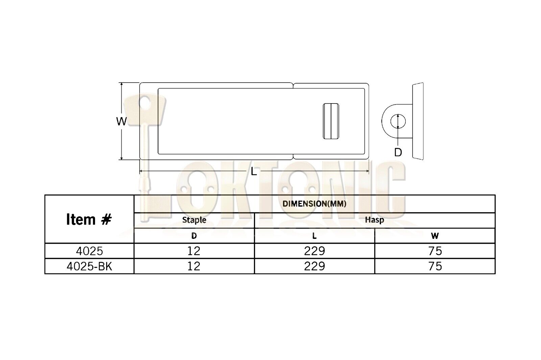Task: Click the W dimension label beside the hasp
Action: (x=121, y=121)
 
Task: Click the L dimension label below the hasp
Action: (x=254, y=172)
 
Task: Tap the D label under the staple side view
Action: (x=398, y=152)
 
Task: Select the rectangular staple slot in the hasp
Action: (x=331, y=121)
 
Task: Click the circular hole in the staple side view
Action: (x=398, y=121)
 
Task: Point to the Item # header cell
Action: (x=89, y=219)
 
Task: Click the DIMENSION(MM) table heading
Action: (x=314, y=204)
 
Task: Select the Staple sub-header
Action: (x=194, y=220)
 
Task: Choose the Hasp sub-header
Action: (x=374, y=220)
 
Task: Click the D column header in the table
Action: (x=194, y=235)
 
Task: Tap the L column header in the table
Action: (x=314, y=235)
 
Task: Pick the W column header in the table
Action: (x=435, y=235)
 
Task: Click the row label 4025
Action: (x=89, y=251)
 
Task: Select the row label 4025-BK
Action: (x=89, y=266)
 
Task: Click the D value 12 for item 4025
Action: (x=194, y=251)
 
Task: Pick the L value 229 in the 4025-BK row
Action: (x=314, y=266)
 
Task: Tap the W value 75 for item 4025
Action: (x=435, y=251)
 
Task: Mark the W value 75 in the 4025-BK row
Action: (x=435, y=266)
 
